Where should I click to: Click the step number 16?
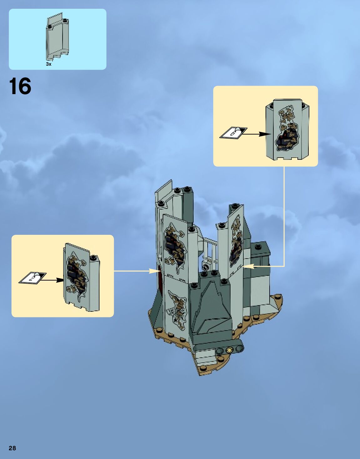20,86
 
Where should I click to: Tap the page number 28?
12,448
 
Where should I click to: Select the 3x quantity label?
48,64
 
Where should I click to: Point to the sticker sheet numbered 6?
233,133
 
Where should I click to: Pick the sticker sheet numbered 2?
32,278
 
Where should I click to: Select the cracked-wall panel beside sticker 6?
287,130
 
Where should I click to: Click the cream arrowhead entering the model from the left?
155,271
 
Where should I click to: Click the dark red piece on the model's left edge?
160,275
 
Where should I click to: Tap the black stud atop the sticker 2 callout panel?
93,257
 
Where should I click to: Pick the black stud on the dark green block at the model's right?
258,247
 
